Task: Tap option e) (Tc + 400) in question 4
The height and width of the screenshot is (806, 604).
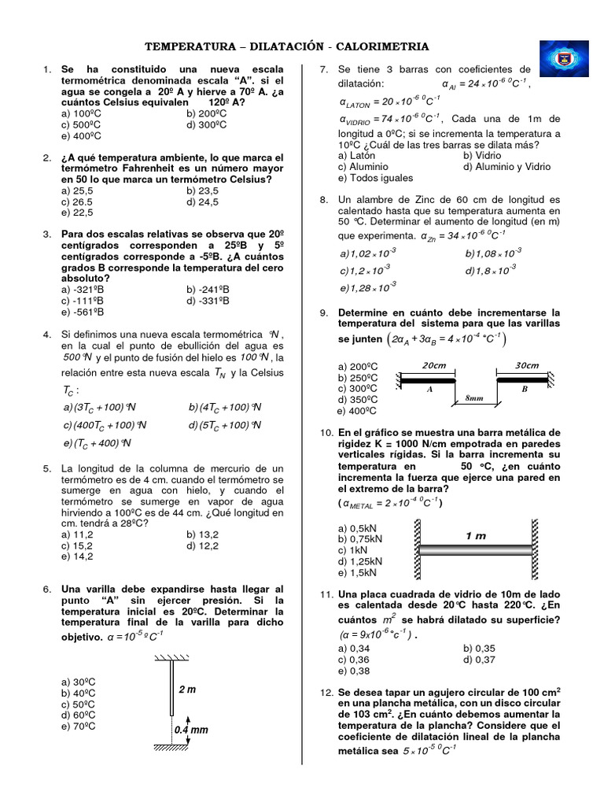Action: (x=96, y=443)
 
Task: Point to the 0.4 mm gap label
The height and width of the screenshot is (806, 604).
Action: (x=191, y=730)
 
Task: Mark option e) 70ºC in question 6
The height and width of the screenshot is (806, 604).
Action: (x=78, y=727)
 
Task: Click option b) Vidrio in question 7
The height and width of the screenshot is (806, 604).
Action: (x=484, y=156)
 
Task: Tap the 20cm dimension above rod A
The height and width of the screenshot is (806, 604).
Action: (x=434, y=365)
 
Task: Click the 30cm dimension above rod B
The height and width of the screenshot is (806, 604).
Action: (x=526, y=365)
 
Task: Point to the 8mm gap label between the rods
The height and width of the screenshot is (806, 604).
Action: (x=474, y=398)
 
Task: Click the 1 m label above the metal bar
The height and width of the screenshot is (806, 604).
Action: (x=475, y=536)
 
